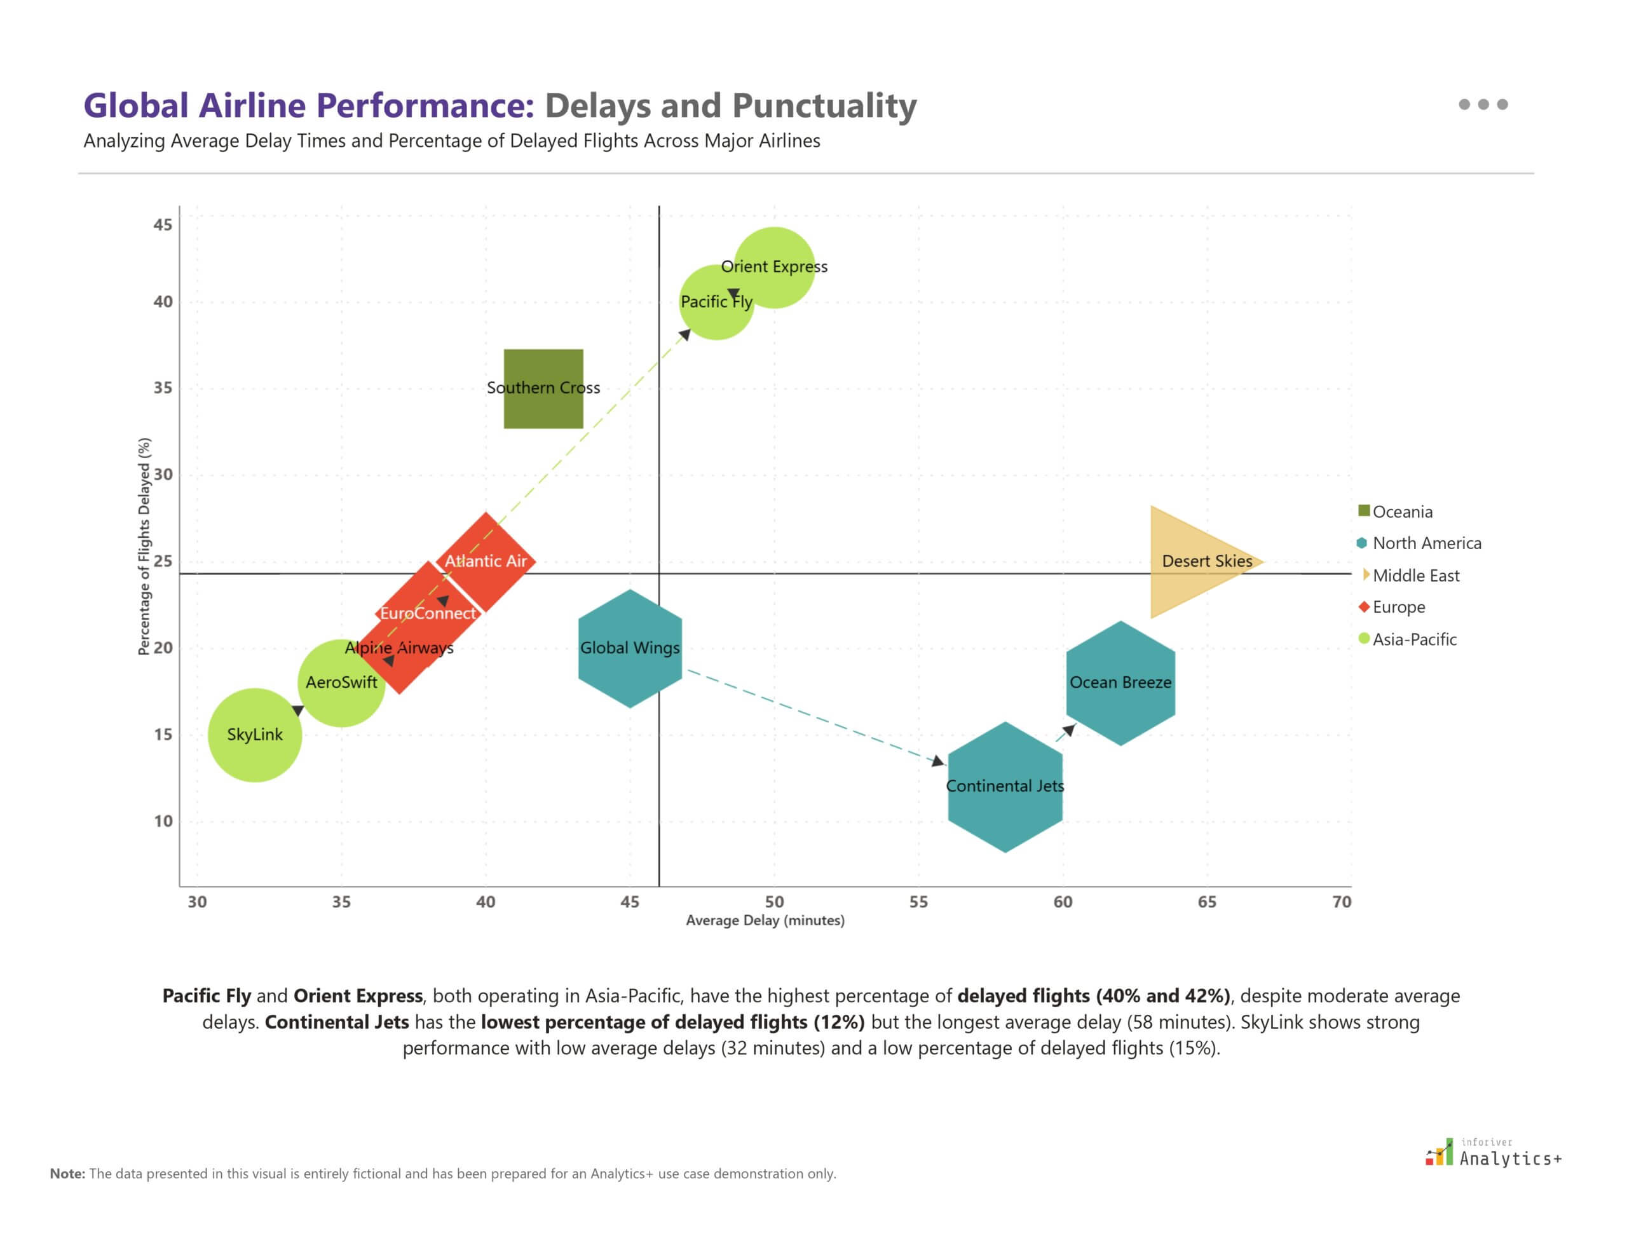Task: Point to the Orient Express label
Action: (x=773, y=266)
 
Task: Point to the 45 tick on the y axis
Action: (x=163, y=224)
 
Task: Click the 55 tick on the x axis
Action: (x=918, y=902)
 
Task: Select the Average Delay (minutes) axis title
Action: (x=765, y=920)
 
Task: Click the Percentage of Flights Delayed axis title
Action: (x=144, y=546)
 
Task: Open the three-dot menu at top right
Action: (x=1483, y=104)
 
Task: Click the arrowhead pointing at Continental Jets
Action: (x=938, y=761)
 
